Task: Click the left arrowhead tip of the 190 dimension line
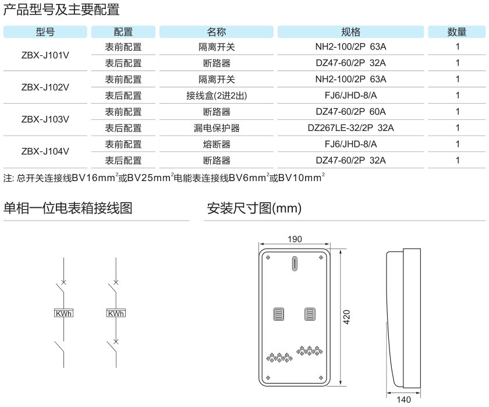point(260,244)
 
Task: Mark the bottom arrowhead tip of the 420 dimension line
point(341,385)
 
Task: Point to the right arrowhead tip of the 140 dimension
point(420,392)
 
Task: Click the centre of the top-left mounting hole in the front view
point(268,257)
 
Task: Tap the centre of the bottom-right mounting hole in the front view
point(321,378)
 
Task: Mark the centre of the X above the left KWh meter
point(63,282)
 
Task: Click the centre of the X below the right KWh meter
point(116,342)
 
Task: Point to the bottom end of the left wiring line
point(63,367)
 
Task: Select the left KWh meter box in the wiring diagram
point(63,313)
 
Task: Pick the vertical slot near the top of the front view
point(295,263)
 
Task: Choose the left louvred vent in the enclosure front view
point(278,314)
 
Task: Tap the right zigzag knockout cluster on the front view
point(309,351)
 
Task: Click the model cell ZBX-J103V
point(45,119)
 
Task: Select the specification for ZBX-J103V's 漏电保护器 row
point(350,128)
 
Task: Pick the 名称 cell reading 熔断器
point(217,144)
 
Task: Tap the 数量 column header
point(456,32)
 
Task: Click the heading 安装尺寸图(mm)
point(254,208)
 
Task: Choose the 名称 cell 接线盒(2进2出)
point(217,95)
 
